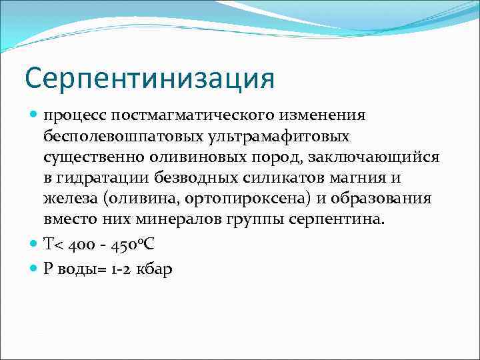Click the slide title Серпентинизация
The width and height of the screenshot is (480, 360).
[x=149, y=77]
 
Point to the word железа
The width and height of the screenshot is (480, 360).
[x=69, y=199]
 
